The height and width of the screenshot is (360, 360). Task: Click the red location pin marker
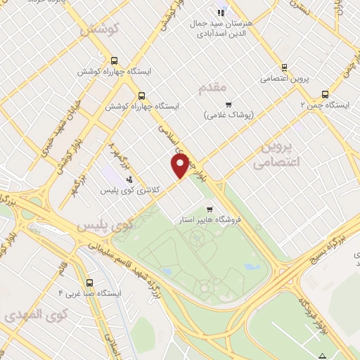point(180,166)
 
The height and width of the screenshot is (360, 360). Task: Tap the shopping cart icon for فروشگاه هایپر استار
point(210,209)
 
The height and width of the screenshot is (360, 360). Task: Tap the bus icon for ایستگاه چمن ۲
point(325,94)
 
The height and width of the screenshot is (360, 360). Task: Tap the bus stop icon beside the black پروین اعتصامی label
point(284,67)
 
